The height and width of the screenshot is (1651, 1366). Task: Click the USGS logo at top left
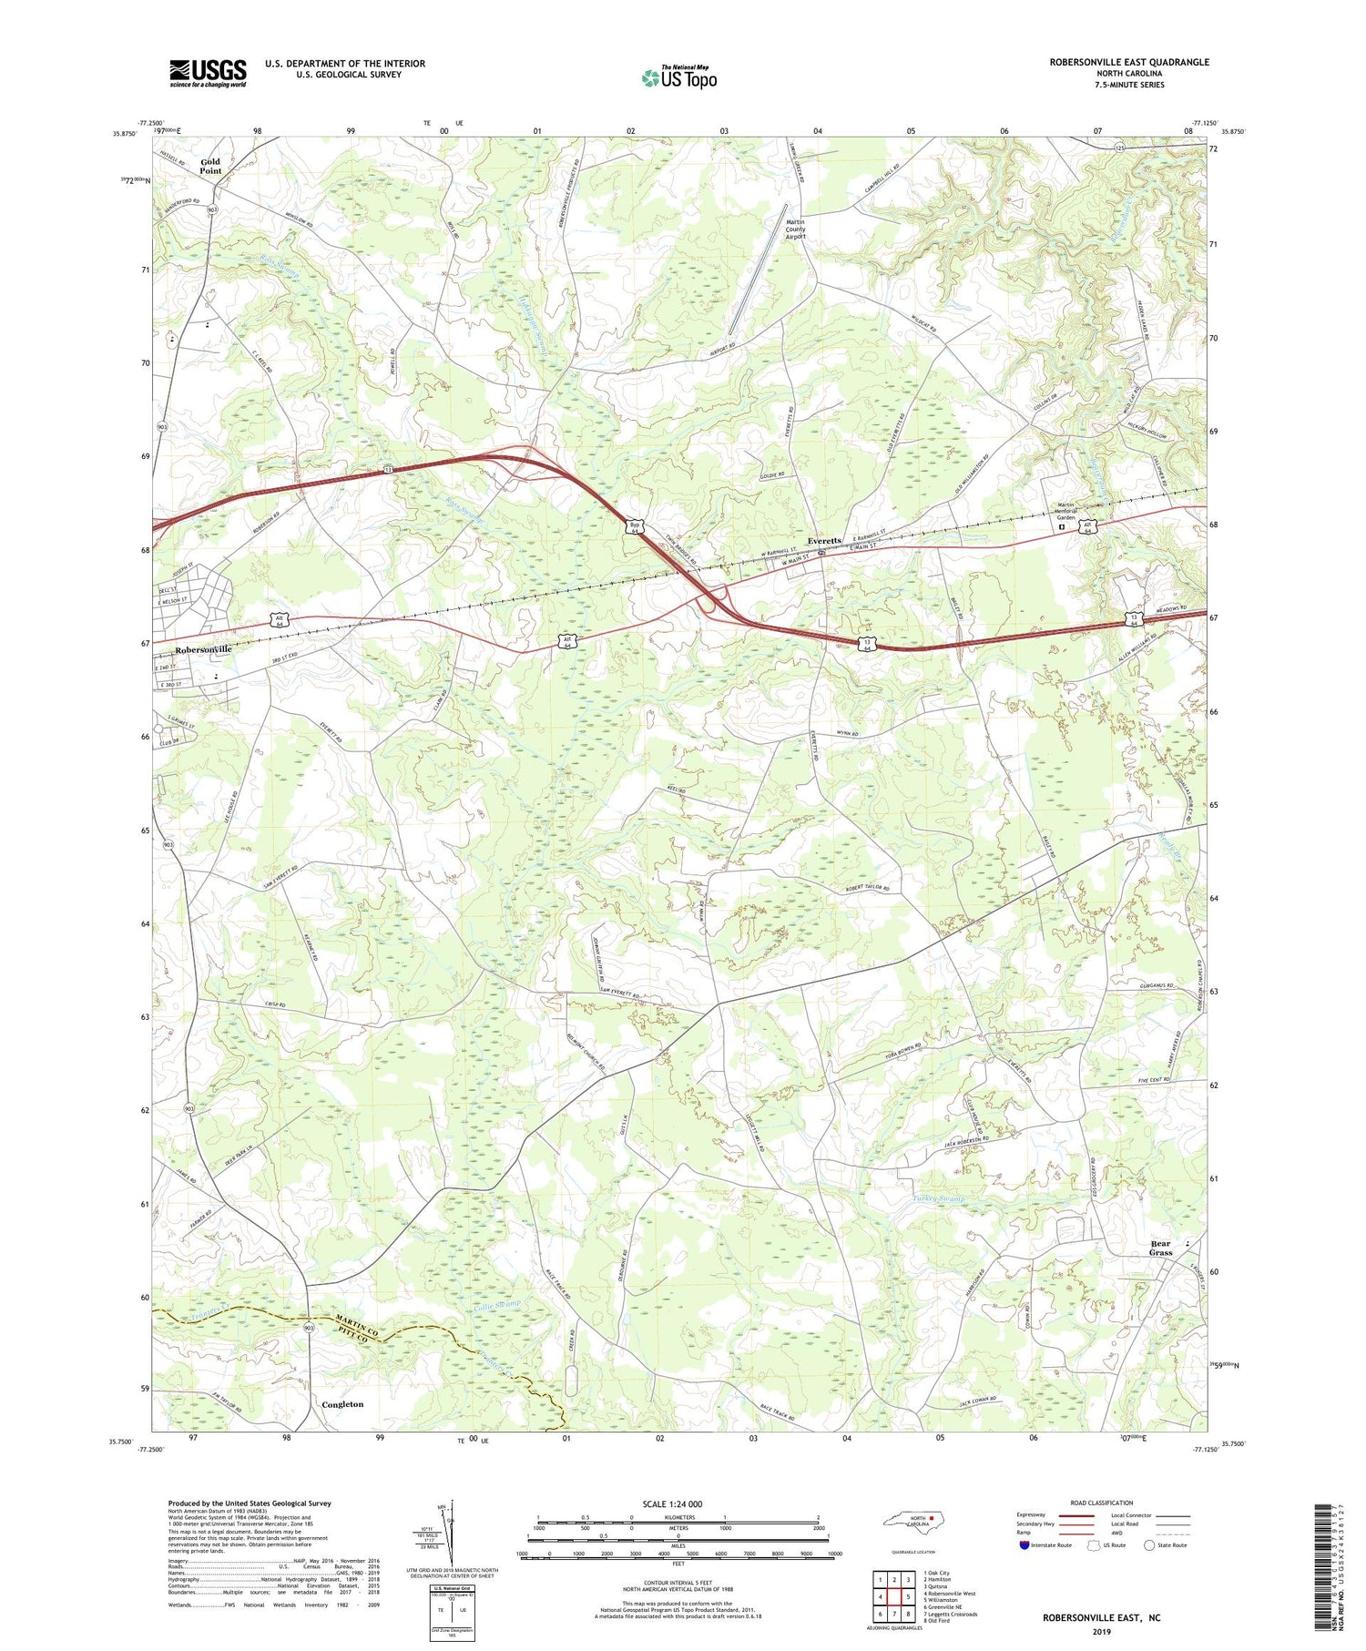tap(208, 73)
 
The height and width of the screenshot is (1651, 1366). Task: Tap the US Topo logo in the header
tap(678, 78)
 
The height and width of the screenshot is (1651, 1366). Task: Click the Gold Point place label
tap(210, 166)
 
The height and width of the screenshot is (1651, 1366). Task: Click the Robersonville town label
tap(204, 650)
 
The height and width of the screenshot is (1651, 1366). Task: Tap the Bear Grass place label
tap(1160, 1248)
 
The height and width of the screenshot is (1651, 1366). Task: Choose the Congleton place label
tap(342, 1404)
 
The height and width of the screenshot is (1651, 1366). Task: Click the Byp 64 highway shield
tap(633, 527)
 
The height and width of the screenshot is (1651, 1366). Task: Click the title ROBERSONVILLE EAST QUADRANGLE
tap(1129, 62)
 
